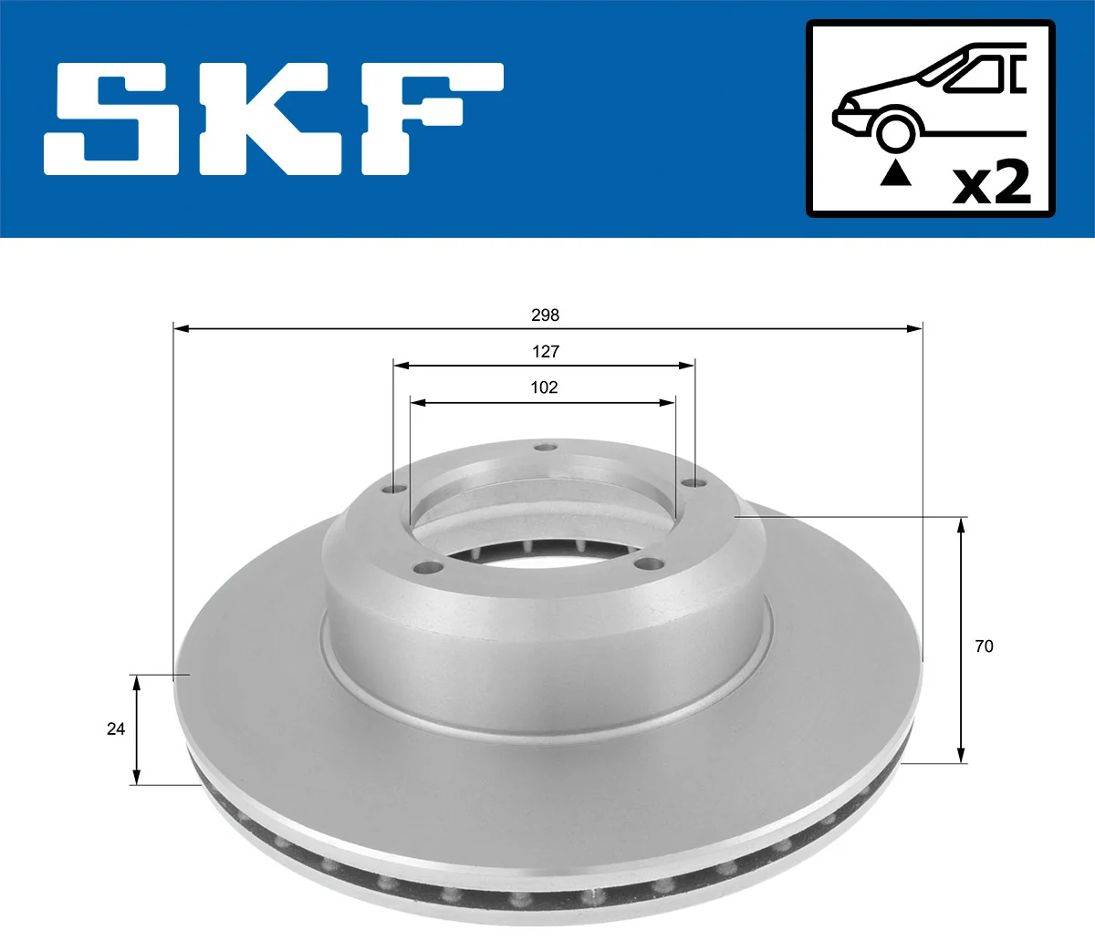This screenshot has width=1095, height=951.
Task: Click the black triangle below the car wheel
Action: pyautogui.click(x=895, y=172)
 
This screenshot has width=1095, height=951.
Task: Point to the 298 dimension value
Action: pyautogui.click(x=545, y=315)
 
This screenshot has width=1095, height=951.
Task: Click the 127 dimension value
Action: pyautogui.click(x=545, y=352)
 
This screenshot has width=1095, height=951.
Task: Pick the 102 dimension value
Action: pyautogui.click(x=544, y=388)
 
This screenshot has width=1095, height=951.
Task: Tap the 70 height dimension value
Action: pyautogui.click(x=984, y=646)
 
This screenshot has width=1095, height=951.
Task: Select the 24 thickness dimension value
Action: pyautogui.click(x=116, y=729)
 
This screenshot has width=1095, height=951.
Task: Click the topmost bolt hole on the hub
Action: pyautogui.click(x=546, y=447)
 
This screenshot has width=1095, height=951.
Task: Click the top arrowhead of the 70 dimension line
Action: pyautogui.click(x=961, y=523)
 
